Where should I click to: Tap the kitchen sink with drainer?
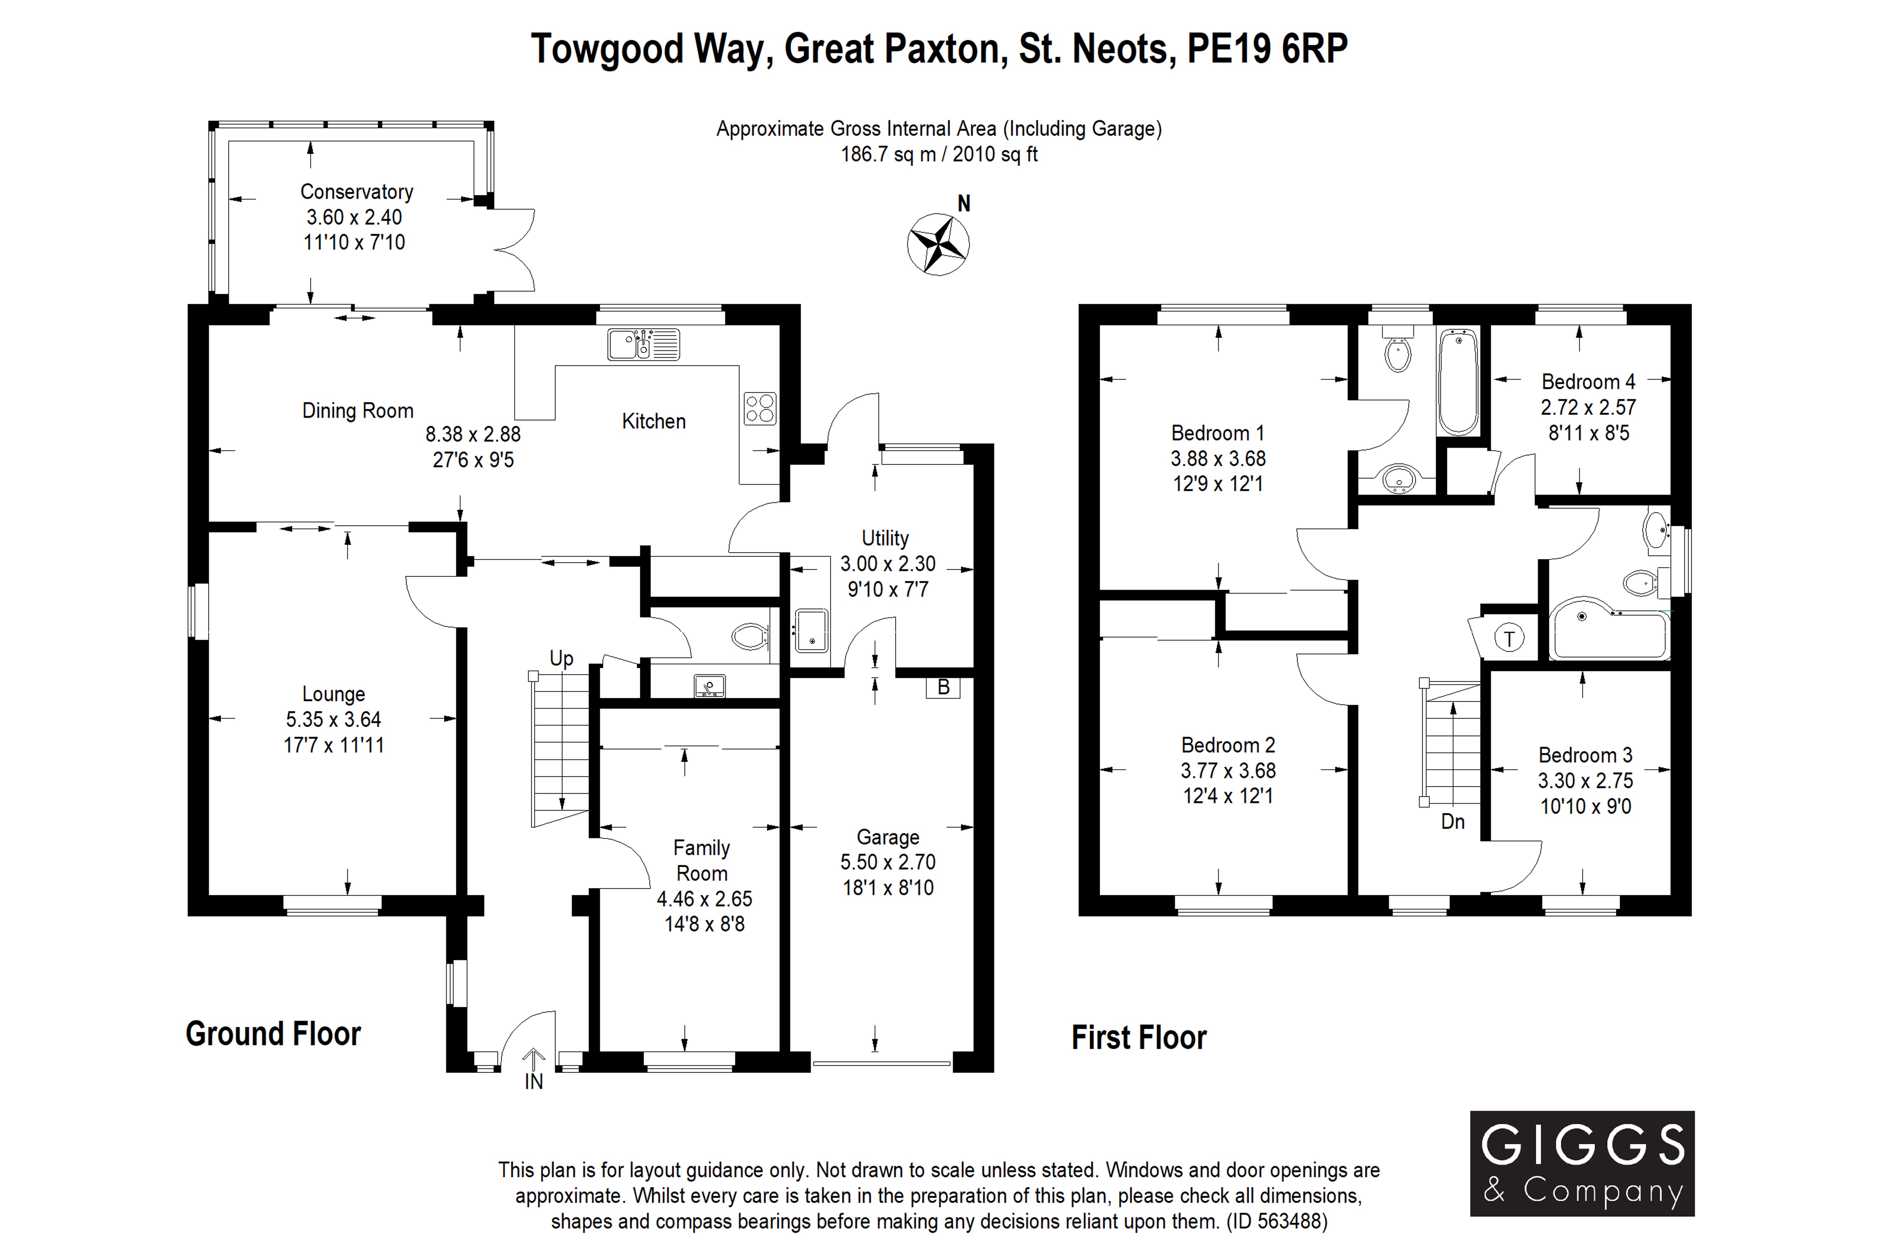pos(643,345)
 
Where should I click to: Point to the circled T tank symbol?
pos(1508,638)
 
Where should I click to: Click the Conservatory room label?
pos(357,192)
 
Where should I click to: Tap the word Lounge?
pos(334,694)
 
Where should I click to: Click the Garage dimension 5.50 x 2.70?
pos(887,863)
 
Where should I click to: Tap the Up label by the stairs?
pos(561,658)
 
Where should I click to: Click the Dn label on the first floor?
pos(1452,822)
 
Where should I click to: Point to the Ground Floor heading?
pos(273,1034)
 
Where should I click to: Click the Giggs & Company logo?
pos(1582,1163)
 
